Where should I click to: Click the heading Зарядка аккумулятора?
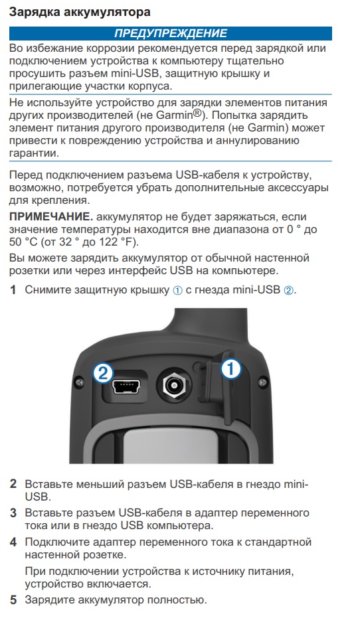80,12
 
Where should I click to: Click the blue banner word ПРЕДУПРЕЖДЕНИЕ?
171,33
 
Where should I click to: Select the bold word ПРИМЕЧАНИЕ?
51,216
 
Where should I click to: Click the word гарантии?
34,154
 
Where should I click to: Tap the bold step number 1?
13,290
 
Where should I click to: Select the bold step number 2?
13,484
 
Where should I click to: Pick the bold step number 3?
13,512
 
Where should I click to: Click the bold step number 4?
13,542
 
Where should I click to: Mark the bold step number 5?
13,600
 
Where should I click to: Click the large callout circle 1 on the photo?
231,369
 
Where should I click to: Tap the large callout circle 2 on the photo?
103,373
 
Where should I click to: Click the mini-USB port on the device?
126,386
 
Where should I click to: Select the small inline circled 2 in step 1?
288,291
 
